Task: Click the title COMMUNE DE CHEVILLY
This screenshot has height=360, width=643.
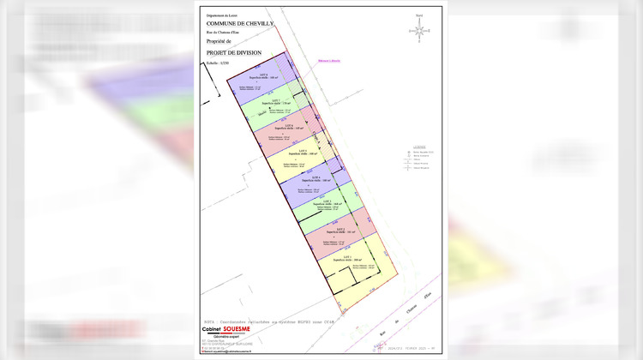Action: pos(239,23)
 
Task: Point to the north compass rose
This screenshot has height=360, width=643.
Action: pos(419,30)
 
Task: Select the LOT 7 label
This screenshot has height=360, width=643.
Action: pos(276,101)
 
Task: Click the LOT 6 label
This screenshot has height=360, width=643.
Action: pos(289,126)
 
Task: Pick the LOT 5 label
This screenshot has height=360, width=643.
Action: pos(302,151)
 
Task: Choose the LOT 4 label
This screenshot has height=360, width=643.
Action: pos(315,177)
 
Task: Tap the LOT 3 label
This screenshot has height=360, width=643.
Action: pos(328,201)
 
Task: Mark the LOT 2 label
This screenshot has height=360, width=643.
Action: pos(340,230)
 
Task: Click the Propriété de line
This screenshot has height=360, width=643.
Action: pos(219,40)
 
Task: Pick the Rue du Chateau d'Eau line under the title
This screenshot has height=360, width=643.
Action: pos(224,31)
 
